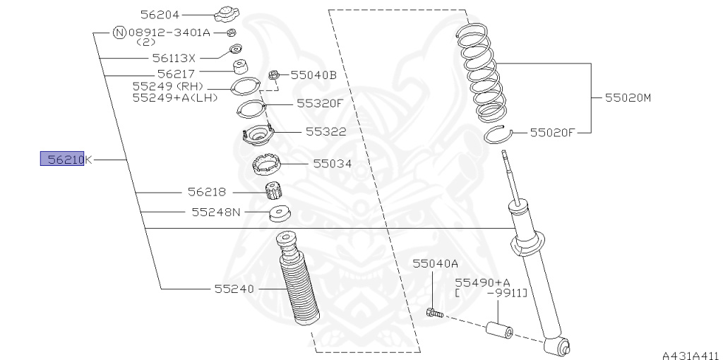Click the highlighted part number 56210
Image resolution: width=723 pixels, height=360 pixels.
tap(62, 160)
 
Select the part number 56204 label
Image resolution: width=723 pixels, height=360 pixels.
tap(160, 14)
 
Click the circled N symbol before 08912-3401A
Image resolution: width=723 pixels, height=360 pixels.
tap(119, 32)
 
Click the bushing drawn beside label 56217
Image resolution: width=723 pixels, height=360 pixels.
tap(241, 68)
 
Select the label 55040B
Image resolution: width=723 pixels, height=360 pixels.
tap(313, 74)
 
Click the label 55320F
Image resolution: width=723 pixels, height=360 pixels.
tap(319, 103)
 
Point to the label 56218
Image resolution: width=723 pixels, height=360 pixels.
tap(207, 191)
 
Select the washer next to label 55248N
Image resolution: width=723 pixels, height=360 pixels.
tap(280, 212)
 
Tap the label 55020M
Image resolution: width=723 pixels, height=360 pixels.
tap(627, 97)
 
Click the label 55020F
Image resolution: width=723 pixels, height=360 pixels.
tap(554, 131)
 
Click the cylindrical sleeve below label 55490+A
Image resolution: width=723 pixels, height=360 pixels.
tap(498, 330)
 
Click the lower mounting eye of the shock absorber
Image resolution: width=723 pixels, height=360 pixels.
tap(563, 346)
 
